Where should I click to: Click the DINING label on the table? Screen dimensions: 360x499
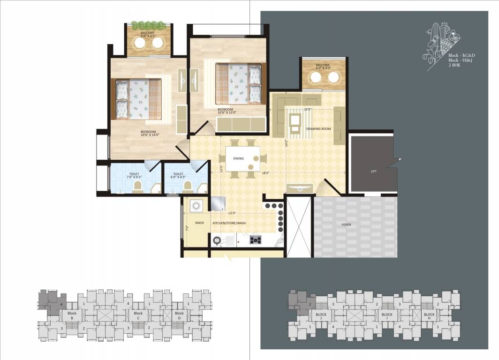(238, 158)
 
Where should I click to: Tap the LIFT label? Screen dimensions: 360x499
(373, 172)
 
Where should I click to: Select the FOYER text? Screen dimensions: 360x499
(346, 225)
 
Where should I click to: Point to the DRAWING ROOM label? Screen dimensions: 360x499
(318, 128)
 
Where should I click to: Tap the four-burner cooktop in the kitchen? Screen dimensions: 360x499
(256, 240)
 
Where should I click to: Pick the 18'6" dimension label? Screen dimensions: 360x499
(265, 173)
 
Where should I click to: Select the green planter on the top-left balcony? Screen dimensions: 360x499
(149, 24)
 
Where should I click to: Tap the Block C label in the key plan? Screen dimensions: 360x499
(138, 315)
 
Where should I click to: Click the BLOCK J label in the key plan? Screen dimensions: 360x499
(321, 316)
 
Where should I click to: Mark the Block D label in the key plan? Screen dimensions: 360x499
(179, 315)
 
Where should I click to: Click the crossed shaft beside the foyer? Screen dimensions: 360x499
(299, 226)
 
